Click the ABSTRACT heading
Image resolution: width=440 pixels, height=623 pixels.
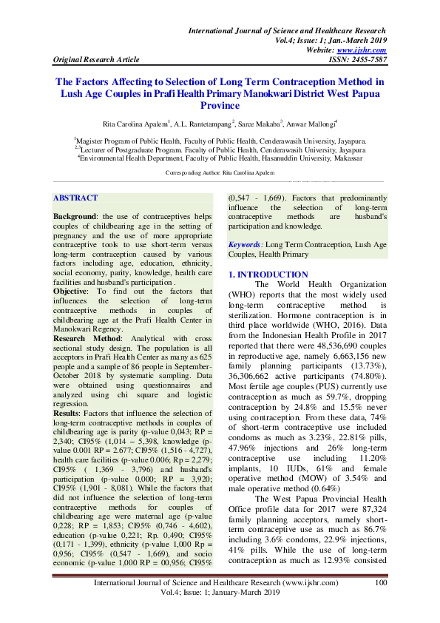tap(75, 198)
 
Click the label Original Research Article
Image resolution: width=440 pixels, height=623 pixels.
tap(97, 59)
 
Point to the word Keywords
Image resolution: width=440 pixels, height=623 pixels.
tap(244, 243)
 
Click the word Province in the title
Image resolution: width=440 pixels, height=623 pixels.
tap(220, 106)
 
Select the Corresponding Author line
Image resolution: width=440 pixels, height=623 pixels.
tap(219, 172)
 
